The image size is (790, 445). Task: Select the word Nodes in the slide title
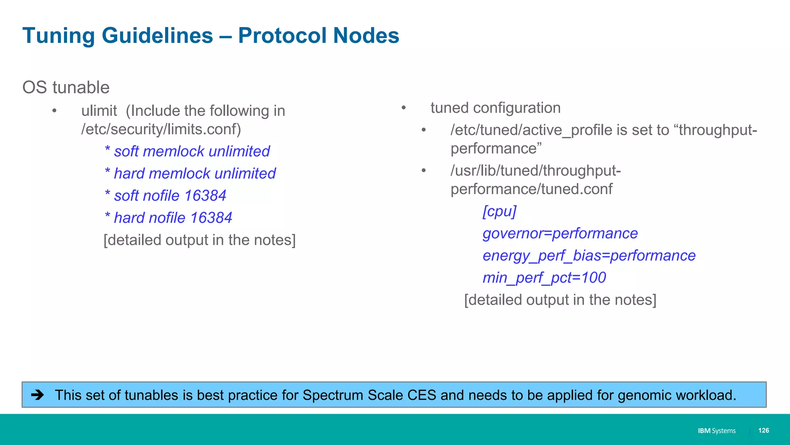pyautogui.click(x=366, y=36)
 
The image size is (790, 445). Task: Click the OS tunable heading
pyautogui.click(x=66, y=88)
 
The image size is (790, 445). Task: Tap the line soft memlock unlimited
pyautogui.click(x=187, y=151)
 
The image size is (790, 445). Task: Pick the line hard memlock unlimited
pyautogui.click(x=190, y=173)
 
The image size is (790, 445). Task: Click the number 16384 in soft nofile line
pyautogui.click(x=205, y=196)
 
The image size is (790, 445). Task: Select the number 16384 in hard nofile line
pyautogui.click(x=211, y=218)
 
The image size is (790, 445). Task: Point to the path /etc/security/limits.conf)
pyautogui.click(x=161, y=129)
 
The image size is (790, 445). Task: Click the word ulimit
pyautogui.click(x=99, y=111)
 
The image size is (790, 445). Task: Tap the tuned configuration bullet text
pyautogui.click(x=495, y=108)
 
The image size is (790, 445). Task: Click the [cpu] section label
pyautogui.click(x=499, y=211)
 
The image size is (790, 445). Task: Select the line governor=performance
pyautogui.click(x=560, y=233)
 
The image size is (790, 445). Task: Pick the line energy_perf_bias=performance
pyautogui.click(x=589, y=256)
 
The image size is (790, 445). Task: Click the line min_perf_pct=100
pyautogui.click(x=544, y=278)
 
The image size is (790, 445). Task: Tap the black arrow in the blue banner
pyautogui.click(x=37, y=395)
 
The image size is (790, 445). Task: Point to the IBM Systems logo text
pyautogui.click(x=716, y=431)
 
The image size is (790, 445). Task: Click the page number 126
pyautogui.click(x=763, y=430)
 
